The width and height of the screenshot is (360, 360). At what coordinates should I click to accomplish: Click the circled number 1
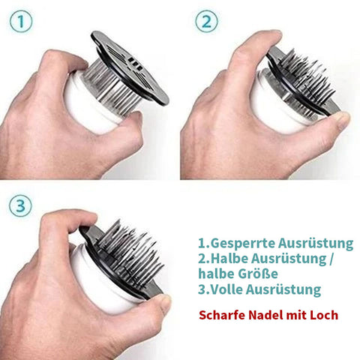point(21,22)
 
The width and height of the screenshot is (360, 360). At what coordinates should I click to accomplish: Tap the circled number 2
point(206,22)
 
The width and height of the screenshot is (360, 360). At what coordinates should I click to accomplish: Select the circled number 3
point(20,206)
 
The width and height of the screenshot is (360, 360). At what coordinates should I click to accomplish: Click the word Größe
point(258,274)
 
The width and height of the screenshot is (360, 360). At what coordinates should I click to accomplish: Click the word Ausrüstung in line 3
point(283,289)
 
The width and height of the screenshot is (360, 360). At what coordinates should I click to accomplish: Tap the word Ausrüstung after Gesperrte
point(316,243)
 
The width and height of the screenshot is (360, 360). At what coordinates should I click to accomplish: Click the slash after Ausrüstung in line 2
point(330,259)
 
